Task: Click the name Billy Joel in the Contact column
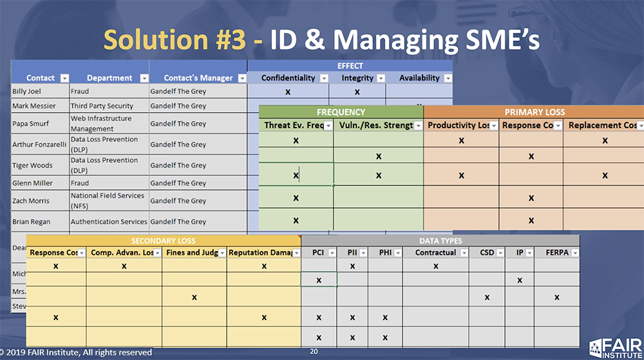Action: click(27, 91)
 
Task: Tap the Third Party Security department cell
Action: click(102, 106)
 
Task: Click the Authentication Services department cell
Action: click(108, 222)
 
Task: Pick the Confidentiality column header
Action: click(288, 78)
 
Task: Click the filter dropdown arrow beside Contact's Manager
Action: click(241, 79)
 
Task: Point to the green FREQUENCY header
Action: click(341, 112)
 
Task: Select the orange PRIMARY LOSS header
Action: click(534, 112)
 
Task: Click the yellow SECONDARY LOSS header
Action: click(164, 241)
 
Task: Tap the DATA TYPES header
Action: click(440, 241)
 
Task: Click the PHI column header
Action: click(385, 252)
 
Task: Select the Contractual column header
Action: click(435, 252)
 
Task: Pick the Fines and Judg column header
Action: click(191, 252)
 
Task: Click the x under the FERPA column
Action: click(556, 297)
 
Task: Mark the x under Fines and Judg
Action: click(194, 297)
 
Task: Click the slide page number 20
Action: click(314, 352)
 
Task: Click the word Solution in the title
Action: click(175, 39)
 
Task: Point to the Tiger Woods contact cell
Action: click(30, 166)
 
